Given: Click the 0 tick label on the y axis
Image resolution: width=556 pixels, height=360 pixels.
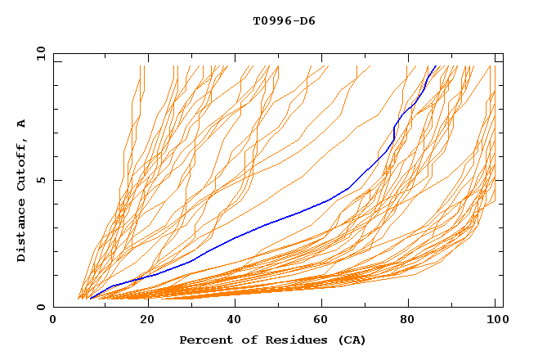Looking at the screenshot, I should coord(40,307).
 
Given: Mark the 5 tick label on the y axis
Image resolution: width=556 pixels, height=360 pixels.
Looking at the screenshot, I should coord(40,180).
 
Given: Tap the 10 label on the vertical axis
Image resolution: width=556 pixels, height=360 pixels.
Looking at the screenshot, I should coord(38,53).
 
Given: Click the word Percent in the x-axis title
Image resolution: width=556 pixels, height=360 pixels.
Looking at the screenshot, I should coord(202,340).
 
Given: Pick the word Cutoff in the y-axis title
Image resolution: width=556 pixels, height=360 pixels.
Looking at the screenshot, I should coord(21,160).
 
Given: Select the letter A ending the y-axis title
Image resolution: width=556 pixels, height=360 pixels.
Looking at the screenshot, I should coord(21,123).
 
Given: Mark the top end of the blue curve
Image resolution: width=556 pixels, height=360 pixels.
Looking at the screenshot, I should coord(437,66).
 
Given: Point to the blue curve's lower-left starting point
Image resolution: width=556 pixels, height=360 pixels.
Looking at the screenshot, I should coord(90,298).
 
